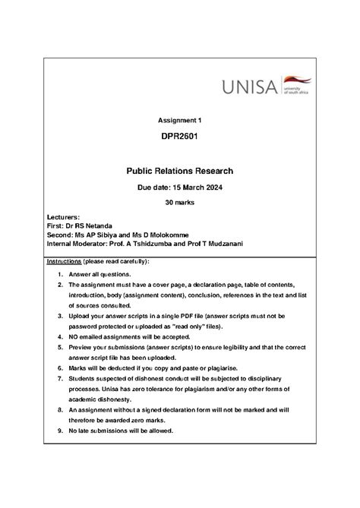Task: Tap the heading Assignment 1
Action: pos(180,120)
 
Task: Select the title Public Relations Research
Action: pos(180,171)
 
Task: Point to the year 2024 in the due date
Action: pos(211,188)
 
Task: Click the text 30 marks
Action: pos(180,204)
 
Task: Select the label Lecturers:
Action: pos(63,217)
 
